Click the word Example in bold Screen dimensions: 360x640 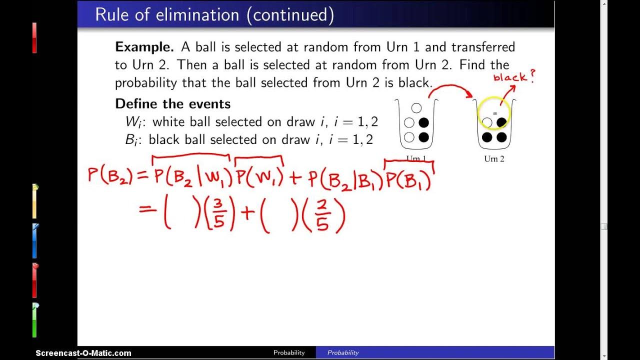click(144, 47)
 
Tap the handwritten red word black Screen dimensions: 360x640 click(509, 77)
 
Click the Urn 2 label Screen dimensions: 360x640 click(494, 159)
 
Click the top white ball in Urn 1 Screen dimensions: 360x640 click(416, 108)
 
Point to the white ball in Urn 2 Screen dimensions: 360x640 click(486, 122)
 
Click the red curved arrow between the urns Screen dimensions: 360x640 click(450, 90)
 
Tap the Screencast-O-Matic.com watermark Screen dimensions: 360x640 click(83, 353)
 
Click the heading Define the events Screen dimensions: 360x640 click(172, 104)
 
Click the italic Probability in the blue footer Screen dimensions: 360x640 click(343, 352)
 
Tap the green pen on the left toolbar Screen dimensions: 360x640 click(34, 320)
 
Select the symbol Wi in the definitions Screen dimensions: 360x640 click(133, 122)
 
